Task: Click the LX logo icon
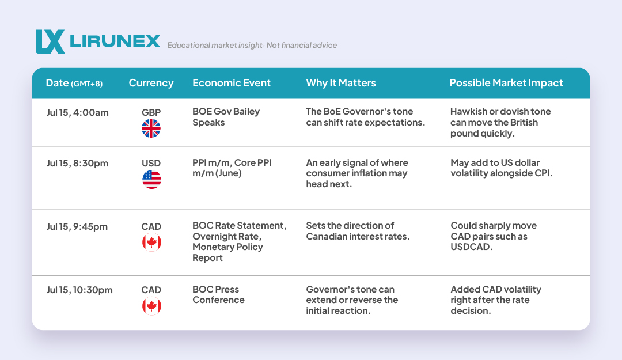(50, 41)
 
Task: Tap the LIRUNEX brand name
(115, 41)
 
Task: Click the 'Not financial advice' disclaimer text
(301, 46)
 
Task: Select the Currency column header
(151, 83)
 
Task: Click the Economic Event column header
(232, 83)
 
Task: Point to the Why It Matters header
(341, 83)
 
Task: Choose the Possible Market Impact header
(506, 83)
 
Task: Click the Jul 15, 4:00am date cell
(77, 113)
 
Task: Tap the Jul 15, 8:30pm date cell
(77, 163)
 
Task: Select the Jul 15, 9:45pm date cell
(77, 226)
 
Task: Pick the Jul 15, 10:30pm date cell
(79, 290)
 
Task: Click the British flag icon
(151, 128)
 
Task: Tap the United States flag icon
(151, 179)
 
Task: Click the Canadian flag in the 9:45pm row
(151, 242)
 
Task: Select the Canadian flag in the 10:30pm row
(151, 306)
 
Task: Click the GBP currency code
(151, 112)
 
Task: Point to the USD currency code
(151, 163)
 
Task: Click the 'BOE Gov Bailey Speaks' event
(226, 117)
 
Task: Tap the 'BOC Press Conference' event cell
(219, 294)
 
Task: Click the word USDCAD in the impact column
(471, 247)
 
